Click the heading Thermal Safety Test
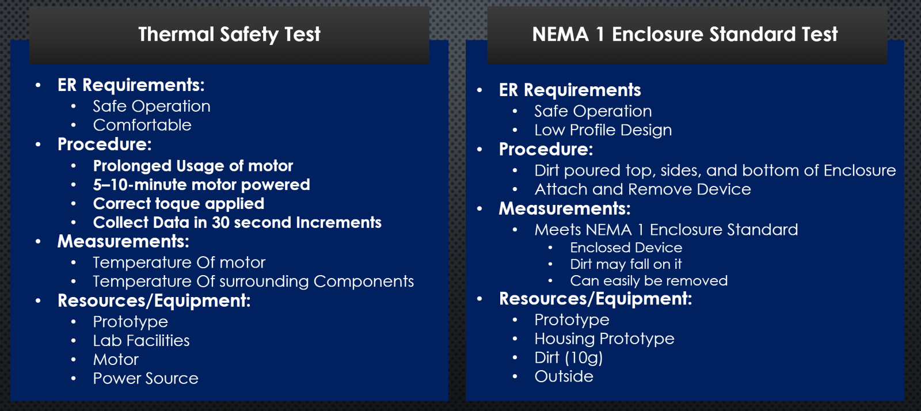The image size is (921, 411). coord(230,34)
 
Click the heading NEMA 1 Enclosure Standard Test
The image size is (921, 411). coord(685,34)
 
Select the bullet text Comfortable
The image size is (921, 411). coord(142,125)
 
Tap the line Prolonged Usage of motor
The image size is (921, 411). coord(193,166)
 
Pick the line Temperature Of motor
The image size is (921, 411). coord(179,262)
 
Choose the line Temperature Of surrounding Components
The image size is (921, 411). coord(253,281)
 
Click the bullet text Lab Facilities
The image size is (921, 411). coord(142,341)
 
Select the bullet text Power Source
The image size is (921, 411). coord(146,379)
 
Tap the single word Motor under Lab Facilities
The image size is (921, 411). coord(116,360)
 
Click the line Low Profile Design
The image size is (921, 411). coord(603,130)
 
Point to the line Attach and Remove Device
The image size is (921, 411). coord(642,189)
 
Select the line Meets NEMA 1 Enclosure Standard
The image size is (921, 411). coord(666,230)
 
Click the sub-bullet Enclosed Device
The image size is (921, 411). coord(626,248)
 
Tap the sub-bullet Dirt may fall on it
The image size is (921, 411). coord(626,264)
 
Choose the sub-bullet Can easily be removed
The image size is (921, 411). coord(649,281)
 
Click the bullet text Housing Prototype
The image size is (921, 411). coord(604,339)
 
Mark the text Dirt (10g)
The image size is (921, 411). coord(569,358)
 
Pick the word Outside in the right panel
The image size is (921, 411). coord(564,376)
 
